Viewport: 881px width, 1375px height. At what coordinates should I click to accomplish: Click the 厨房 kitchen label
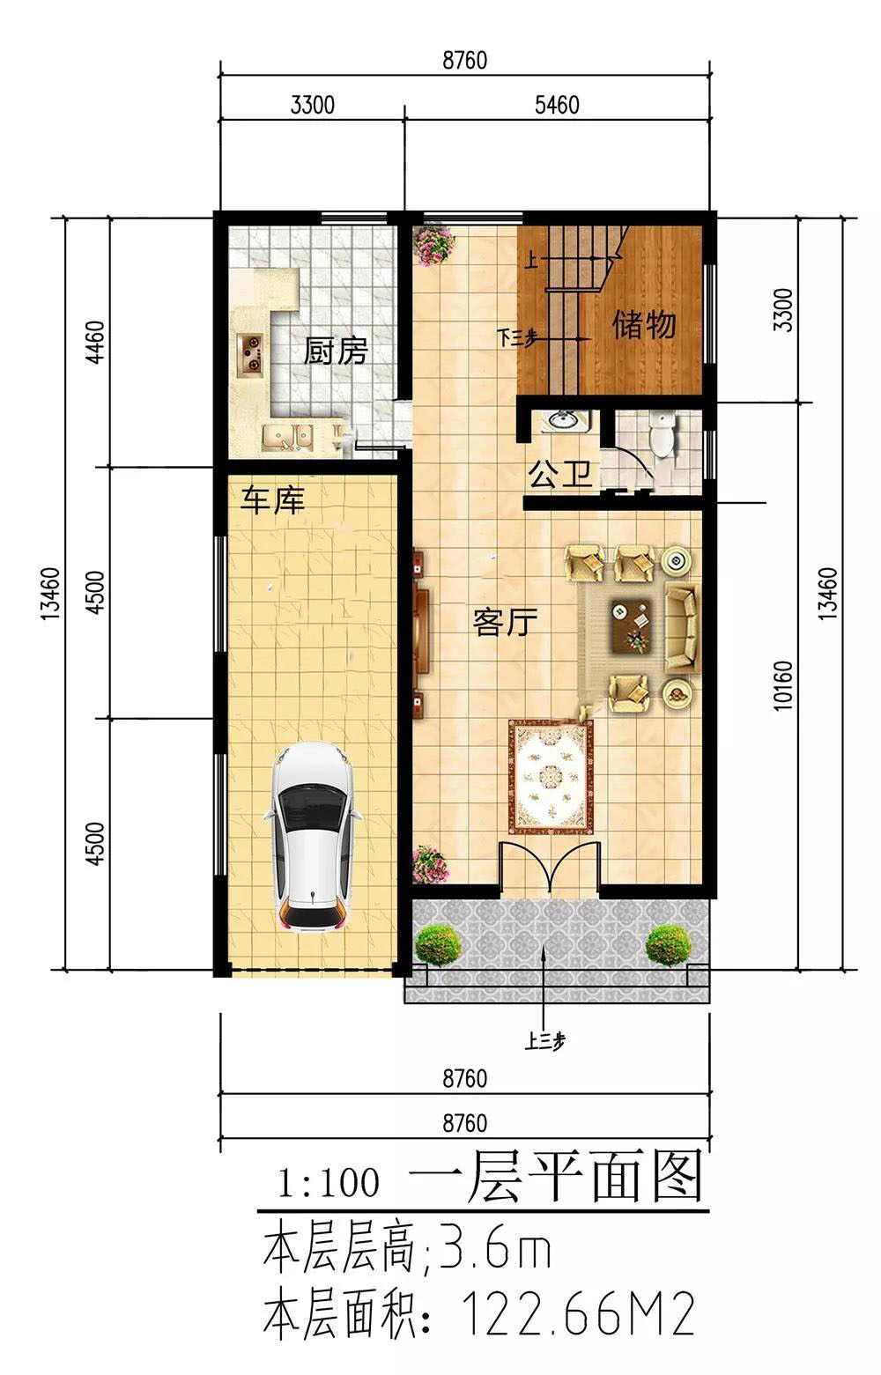336,351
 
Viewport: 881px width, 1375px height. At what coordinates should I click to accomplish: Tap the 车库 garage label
272,499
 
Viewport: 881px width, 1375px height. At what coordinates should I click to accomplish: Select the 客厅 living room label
506,622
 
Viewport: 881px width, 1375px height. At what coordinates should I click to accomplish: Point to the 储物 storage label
644,324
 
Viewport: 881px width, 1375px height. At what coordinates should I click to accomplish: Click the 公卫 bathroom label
560,474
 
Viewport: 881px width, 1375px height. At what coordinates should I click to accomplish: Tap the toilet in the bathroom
663,434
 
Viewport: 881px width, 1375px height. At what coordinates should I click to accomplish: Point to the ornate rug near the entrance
551,777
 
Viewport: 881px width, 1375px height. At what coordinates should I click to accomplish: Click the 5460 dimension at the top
557,105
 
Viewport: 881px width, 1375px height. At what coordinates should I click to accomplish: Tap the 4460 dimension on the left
96,342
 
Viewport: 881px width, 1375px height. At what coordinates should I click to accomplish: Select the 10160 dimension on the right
783,685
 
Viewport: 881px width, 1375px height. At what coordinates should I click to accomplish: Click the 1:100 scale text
329,1183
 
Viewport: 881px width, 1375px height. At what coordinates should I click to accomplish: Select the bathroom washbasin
563,421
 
